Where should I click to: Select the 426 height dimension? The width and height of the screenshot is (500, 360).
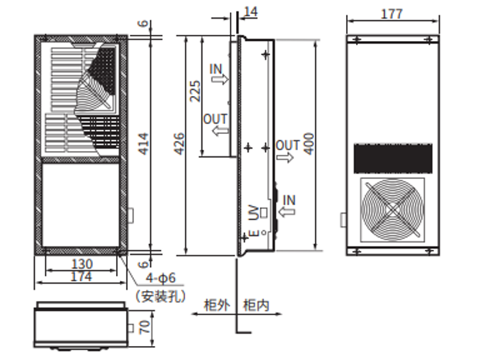coord(179,142)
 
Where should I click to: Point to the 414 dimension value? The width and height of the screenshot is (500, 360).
coord(143,144)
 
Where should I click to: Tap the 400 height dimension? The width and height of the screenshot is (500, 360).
coord(309,144)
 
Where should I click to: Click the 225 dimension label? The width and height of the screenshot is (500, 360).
coord(195,95)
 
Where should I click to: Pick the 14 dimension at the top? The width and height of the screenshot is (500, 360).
coord(250,11)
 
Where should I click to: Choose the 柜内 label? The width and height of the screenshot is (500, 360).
coord(255,305)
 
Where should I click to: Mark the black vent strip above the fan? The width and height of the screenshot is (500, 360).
coord(392,159)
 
